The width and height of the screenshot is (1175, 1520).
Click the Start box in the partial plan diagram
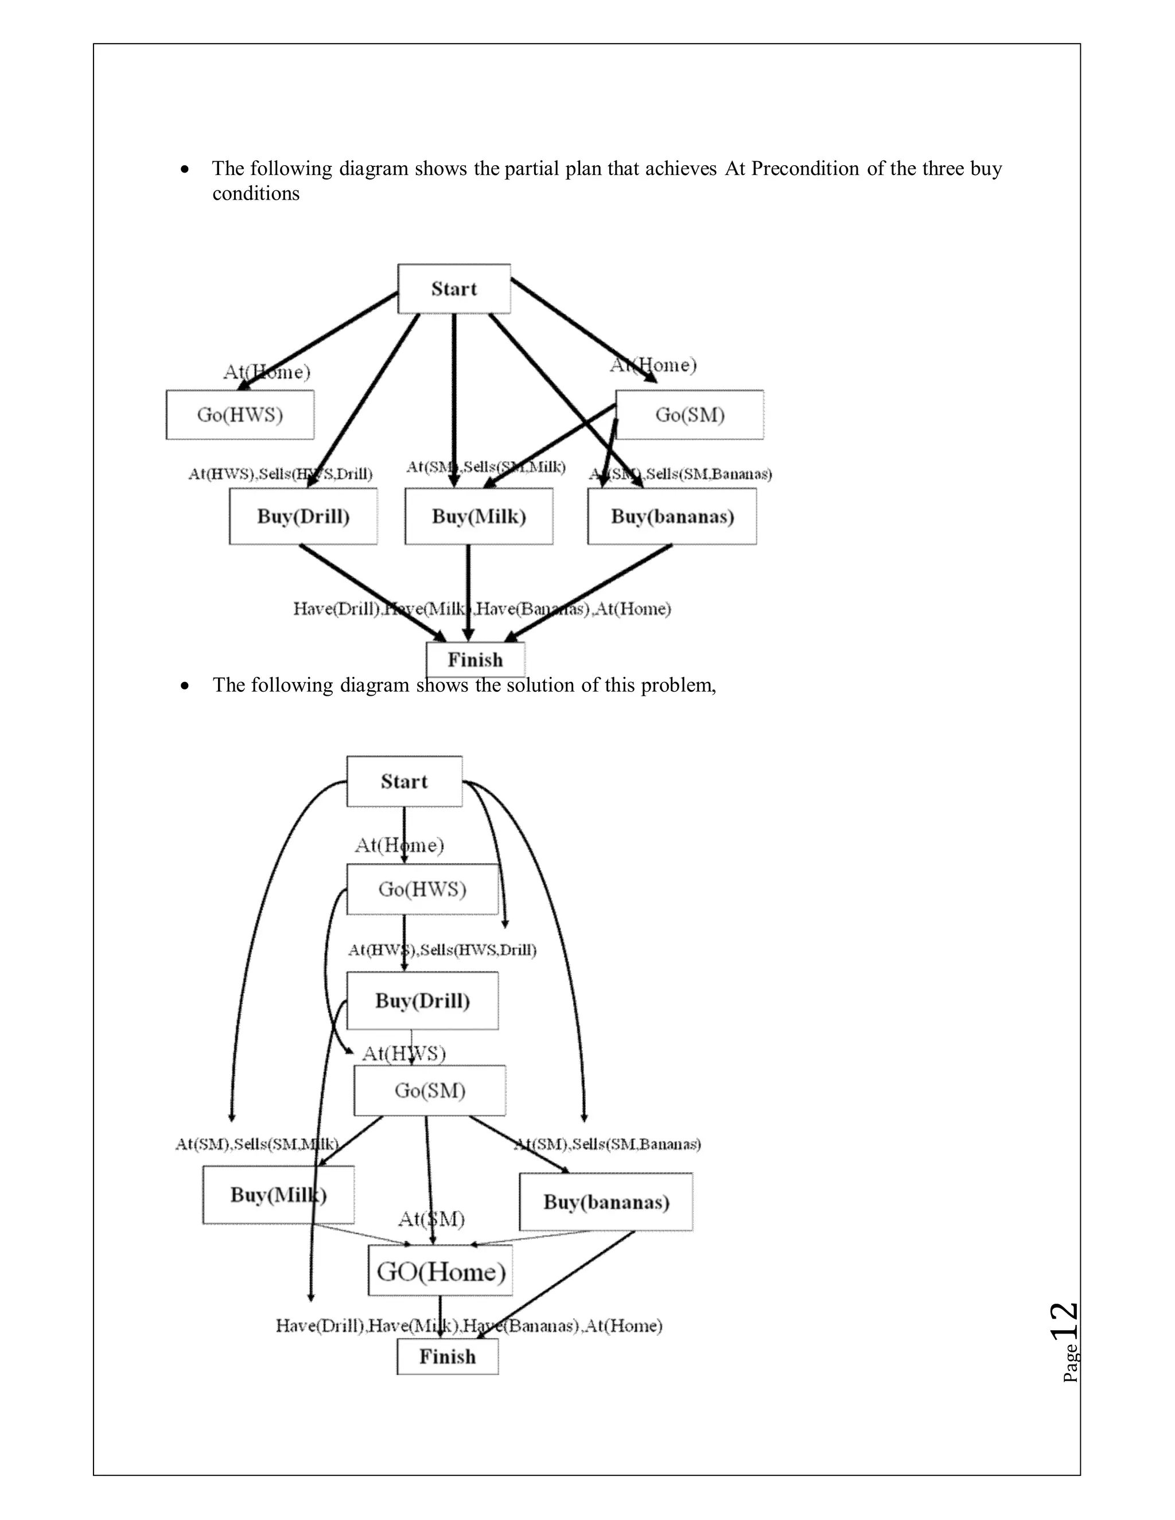coord(454,289)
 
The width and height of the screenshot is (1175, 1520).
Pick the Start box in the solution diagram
coord(404,782)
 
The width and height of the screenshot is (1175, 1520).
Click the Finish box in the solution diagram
coord(448,1357)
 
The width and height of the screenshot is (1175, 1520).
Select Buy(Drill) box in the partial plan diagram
coord(304,516)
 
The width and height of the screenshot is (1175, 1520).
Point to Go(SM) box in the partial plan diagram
coord(690,415)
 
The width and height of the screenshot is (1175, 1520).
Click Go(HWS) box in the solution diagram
coord(422,890)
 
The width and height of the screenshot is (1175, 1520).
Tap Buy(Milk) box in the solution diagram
coord(278,1195)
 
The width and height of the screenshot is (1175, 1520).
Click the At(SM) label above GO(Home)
coord(431,1219)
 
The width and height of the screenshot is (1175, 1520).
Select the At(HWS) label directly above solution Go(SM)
coord(404,1054)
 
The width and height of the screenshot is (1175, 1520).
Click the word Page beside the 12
coord(1071,1363)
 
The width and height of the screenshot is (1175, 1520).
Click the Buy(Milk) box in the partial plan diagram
coord(479,516)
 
